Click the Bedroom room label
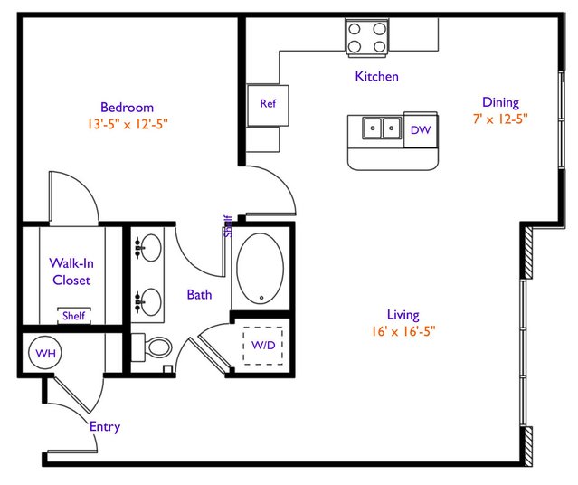click(x=127, y=108)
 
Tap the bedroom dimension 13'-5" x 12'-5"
click(x=128, y=124)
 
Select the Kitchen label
click(x=376, y=76)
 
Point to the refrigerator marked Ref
click(x=268, y=106)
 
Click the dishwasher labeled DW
click(x=421, y=129)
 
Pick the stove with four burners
click(x=366, y=38)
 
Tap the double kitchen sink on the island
click(x=382, y=128)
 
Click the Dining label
click(x=500, y=102)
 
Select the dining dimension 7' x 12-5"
click(x=500, y=119)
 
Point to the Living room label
click(x=403, y=315)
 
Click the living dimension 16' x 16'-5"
click(x=403, y=331)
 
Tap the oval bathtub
click(x=261, y=269)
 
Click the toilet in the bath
click(x=151, y=347)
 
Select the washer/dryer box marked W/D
click(x=263, y=346)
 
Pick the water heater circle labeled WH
click(x=45, y=353)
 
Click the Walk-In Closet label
click(x=71, y=271)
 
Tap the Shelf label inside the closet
click(x=74, y=316)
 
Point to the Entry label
click(x=105, y=427)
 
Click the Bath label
click(x=199, y=294)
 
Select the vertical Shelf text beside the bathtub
click(x=228, y=226)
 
